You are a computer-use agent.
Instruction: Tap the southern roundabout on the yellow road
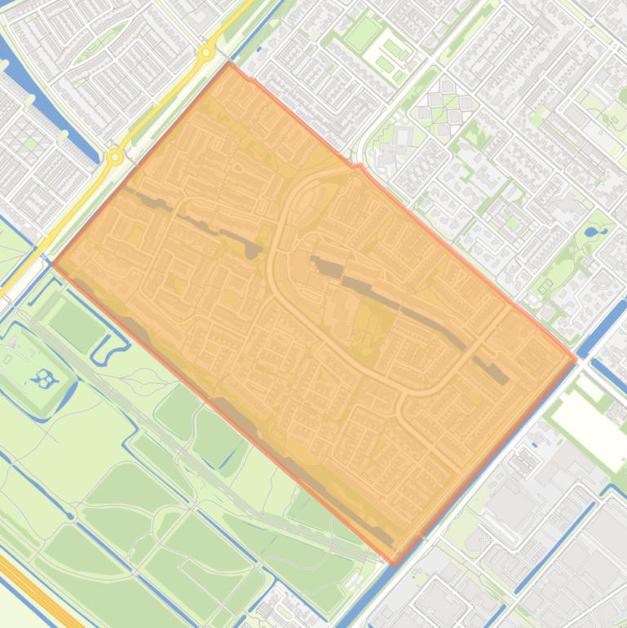(x=117, y=157)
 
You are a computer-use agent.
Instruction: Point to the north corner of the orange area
(x=231, y=64)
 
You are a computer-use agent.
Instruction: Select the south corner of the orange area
(x=395, y=564)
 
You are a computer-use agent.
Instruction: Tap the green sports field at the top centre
(x=363, y=33)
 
